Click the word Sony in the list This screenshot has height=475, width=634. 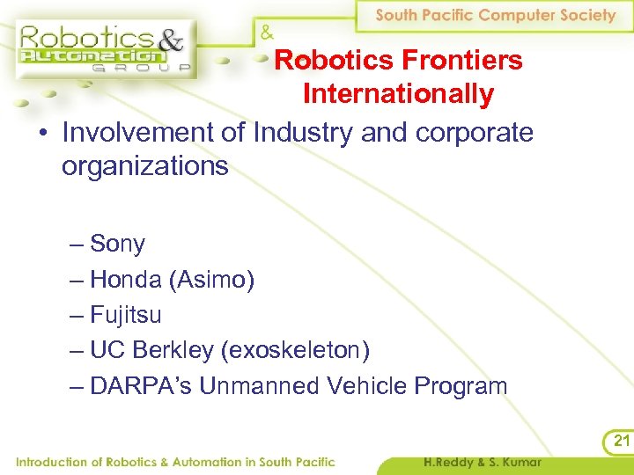click(117, 244)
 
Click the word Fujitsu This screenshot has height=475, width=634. click(126, 315)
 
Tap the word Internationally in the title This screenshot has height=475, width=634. click(398, 93)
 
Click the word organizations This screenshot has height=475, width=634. click(145, 165)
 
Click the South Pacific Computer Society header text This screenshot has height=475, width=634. click(496, 16)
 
